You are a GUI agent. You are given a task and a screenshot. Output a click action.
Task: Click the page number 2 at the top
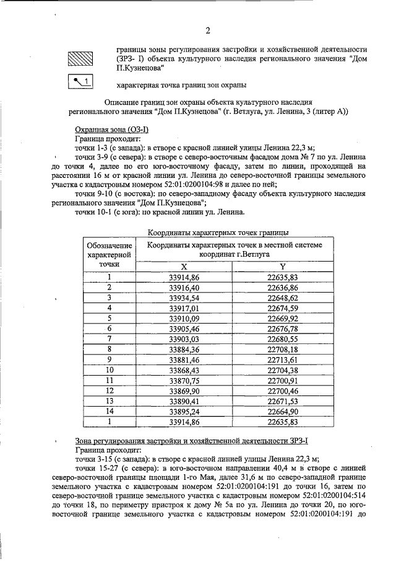pyautogui.click(x=208, y=30)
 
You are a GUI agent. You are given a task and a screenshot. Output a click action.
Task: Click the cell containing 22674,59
pyautogui.click(x=283, y=307)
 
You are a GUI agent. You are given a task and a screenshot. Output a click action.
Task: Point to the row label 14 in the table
pyautogui.click(x=110, y=411)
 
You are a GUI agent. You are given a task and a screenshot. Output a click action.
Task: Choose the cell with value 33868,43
pyautogui.click(x=183, y=369)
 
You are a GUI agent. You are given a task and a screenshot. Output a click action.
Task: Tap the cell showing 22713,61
pyautogui.click(x=283, y=359)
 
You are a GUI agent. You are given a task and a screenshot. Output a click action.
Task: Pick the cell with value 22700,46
pyautogui.click(x=283, y=390)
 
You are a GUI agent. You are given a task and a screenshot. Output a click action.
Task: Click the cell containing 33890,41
pyautogui.click(x=183, y=400)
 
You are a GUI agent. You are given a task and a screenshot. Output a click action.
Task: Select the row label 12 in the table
pyautogui.click(x=110, y=390)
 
